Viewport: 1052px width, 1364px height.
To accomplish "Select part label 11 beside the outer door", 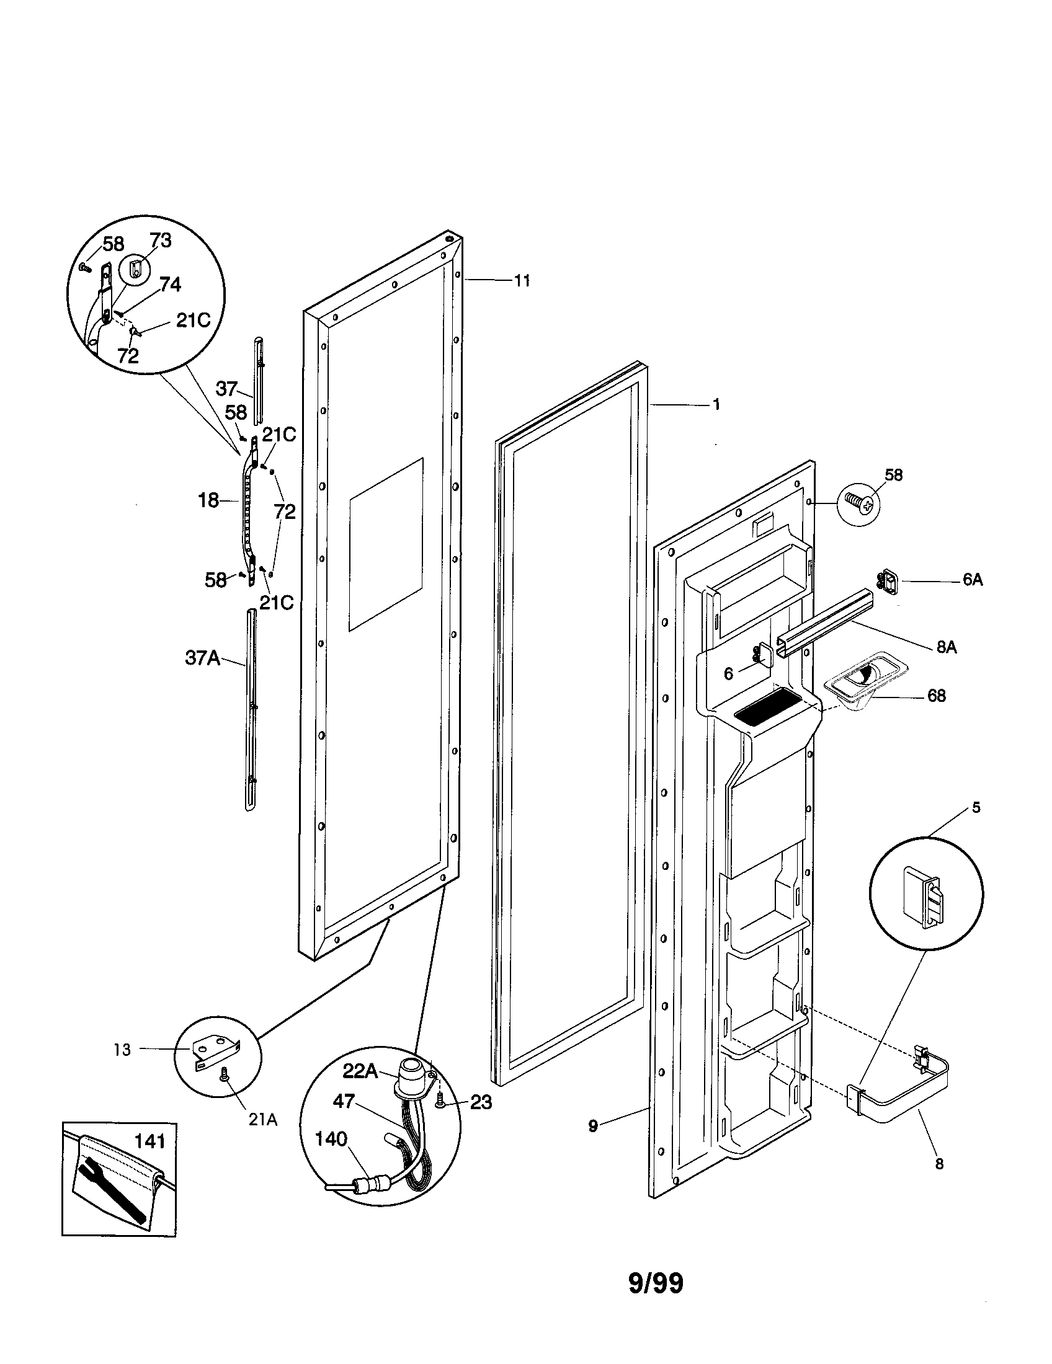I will pyautogui.click(x=522, y=281).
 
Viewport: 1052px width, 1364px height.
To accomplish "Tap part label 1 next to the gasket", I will pyautogui.click(x=716, y=405).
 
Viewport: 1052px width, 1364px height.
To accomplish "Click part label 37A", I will pyautogui.click(x=202, y=658).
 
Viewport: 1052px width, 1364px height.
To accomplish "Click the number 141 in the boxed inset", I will pyautogui.click(x=150, y=1141).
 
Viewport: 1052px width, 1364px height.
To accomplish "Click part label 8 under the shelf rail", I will pyautogui.click(x=939, y=1164).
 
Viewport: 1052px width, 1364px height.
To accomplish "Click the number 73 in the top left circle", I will pyautogui.click(x=161, y=241).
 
